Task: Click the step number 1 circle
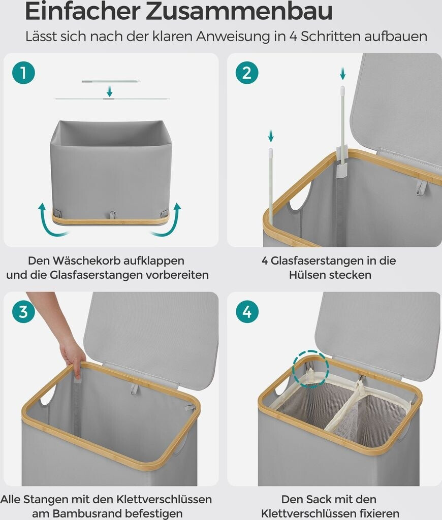23,73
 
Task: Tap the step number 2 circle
247,73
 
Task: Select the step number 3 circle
23,312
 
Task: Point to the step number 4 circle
247,312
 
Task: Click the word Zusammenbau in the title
239,11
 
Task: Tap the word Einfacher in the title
83,11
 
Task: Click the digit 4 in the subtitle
293,37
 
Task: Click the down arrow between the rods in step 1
110,91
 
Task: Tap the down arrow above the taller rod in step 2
343,73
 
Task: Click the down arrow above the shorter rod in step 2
271,135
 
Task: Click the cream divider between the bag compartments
345,406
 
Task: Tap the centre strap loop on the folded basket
113,214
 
